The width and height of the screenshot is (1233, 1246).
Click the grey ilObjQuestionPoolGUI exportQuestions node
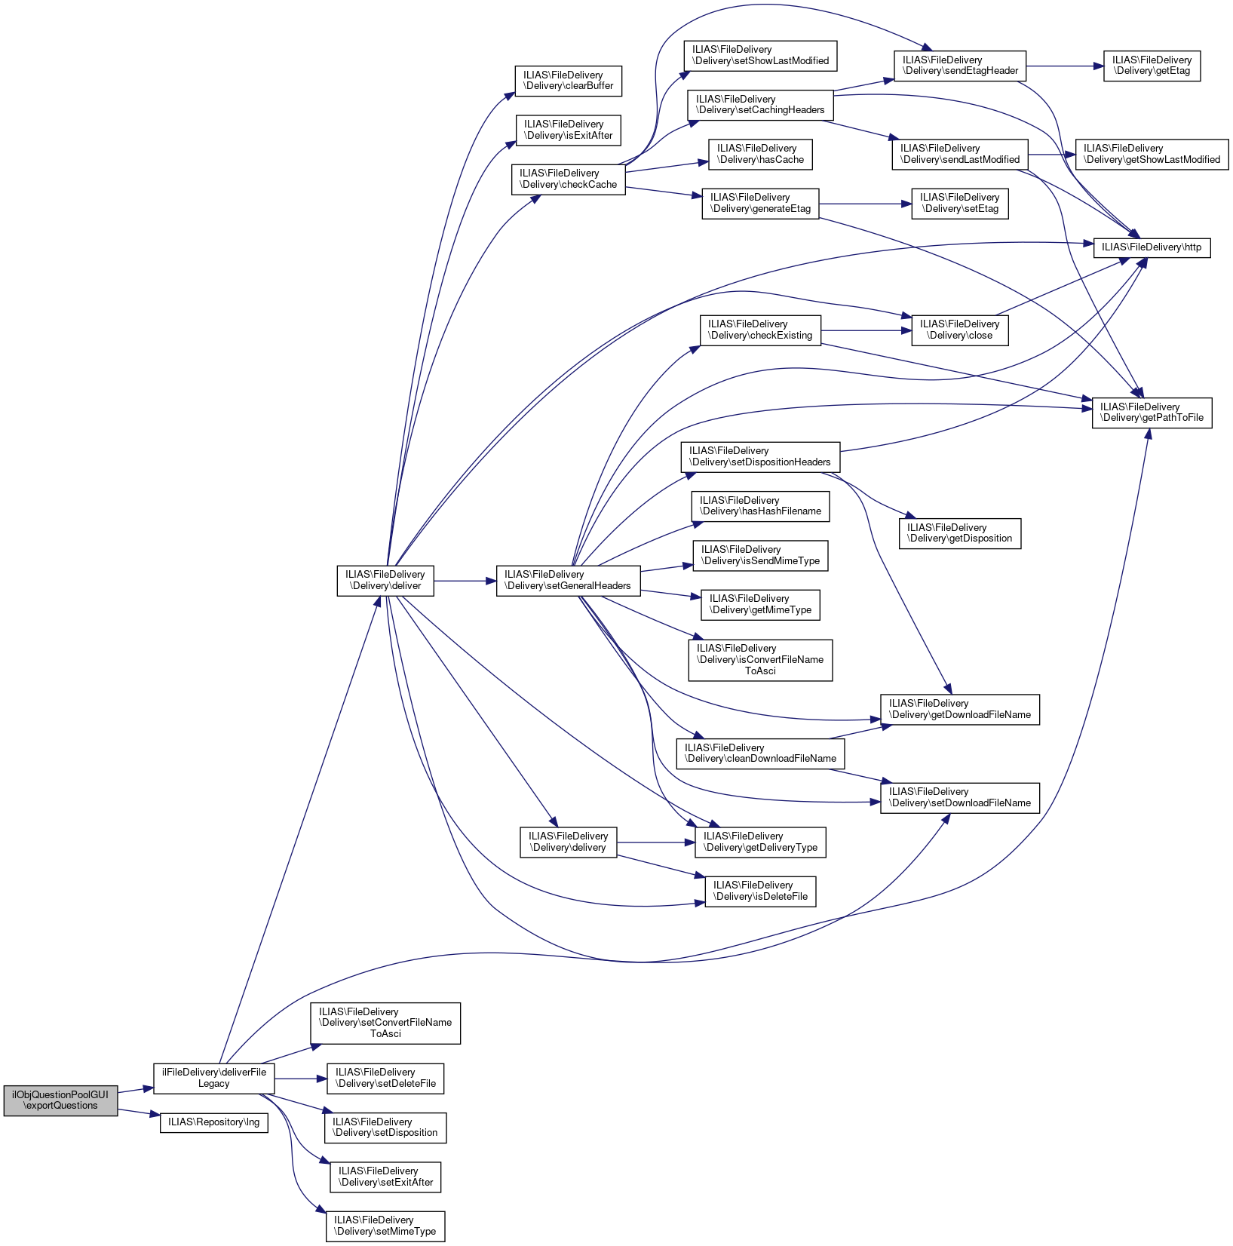pos(61,1100)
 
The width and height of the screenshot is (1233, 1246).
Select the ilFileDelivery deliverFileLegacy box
pos(214,1079)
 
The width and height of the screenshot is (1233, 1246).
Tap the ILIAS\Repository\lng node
pos(214,1122)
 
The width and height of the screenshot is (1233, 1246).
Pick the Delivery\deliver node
pos(385,581)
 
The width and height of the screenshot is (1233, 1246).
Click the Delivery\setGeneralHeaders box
pos(568,581)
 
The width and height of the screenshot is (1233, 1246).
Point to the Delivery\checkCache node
pos(569,180)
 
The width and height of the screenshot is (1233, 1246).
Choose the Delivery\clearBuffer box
pos(569,81)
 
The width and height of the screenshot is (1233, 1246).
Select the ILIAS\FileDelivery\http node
pos(1152,247)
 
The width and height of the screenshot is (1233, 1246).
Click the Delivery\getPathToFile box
pos(1152,413)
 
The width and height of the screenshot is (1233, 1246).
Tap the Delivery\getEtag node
pos(1152,66)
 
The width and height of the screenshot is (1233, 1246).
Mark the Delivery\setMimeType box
pos(385,1226)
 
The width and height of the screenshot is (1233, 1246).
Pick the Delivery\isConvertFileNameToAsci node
pos(760,660)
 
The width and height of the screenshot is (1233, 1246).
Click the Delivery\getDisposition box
pos(960,533)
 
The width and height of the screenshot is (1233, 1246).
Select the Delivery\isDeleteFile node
pos(761,892)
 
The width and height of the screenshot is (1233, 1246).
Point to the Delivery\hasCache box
pos(761,154)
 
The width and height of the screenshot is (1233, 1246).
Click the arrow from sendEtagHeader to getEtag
pos(1065,66)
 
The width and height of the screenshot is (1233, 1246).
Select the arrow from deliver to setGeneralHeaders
pos(465,581)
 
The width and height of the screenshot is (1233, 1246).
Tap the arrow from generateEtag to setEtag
pos(865,204)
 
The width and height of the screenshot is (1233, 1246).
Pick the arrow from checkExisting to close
pos(866,330)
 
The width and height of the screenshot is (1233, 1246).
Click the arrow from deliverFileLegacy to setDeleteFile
pos(300,1079)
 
